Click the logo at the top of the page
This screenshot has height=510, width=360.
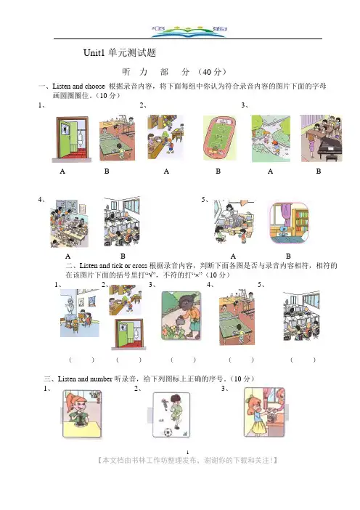click(x=189, y=31)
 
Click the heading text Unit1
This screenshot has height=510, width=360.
click(x=94, y=53)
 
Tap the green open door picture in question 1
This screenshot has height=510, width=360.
click(x=72, y=139)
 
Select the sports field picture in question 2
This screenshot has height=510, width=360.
click(x=220, y=138)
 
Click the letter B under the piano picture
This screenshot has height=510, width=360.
click(x=319, y=171)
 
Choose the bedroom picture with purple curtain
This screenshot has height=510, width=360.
click(x=289, y=223)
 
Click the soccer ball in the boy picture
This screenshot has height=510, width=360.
click(x=168, y=432)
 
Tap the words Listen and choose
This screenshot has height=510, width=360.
click(x=78, y=86)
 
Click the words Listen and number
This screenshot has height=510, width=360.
click(x=85, y=379)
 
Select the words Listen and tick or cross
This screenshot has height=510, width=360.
click(x=113, y=265)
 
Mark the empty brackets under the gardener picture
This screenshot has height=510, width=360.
click(x=183, y=360)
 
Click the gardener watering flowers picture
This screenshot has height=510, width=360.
click(x=181, y=315)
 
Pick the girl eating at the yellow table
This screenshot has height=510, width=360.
click(x=82, y=413)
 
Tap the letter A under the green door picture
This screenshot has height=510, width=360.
click(x=62, y=171)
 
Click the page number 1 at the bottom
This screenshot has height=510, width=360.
click(x=187, y=452)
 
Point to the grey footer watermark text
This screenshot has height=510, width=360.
click(x=187, y=461)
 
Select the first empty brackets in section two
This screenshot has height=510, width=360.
click(x=81, y=360)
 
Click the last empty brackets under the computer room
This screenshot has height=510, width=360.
click(x=303, y=360)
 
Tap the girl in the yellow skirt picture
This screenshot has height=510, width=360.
click(x=264, y=412)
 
